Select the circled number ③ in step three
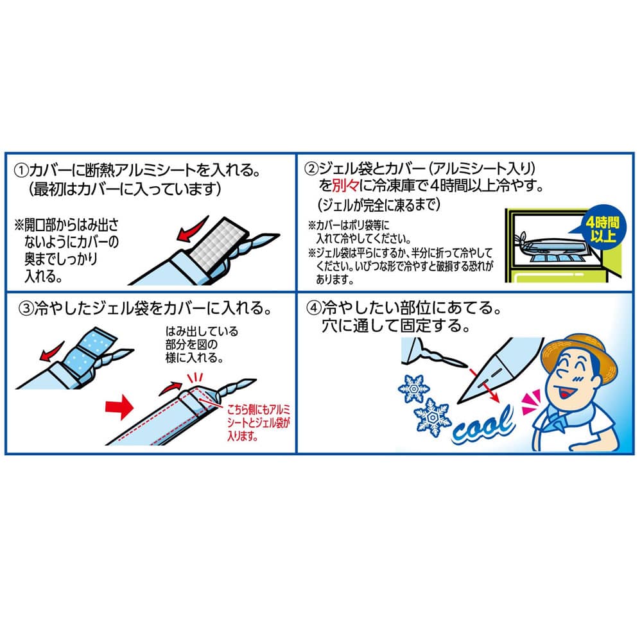pyautogui.click(x=26, y=308)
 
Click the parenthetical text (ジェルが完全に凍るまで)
pyautogui.click(x=378, y=205)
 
